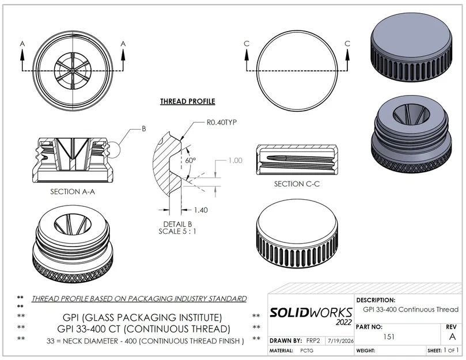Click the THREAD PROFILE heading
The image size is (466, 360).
pyautogui.click(x=188, y=101)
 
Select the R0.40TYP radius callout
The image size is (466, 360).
pyautogui.click(x=222, y=123)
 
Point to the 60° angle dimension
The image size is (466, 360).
pyautogui.click(x=191, y=160)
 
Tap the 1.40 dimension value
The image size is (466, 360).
pyautogui.click(x=201, y=210)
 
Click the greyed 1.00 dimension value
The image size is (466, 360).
pyautogui.click(x=235, y=161)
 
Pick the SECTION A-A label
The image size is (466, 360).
pyautogui.click(x=73, y=192)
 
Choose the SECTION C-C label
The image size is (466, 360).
pyautogui.click(x=297, y=184)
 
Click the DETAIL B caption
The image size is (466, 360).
pyautogui.click(x=177, y=224)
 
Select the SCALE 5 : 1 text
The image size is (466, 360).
pyautogui.click(x=177, y=232)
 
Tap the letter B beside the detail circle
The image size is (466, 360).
pyautogui.click(x=144, y=128)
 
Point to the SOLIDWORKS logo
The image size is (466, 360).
pyautogui.click(x=311, y=316)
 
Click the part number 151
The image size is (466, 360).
pyautogui.click(x=389, y=337)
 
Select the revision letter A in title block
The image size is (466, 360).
pyautogui.click(x=452, y=336)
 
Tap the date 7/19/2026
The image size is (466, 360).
pyautogui.click(x=341, y=341)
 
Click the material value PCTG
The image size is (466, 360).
pyautogui.click(x=306, y=351)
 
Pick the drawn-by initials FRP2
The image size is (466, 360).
pyautogui.click(x=313, y=340)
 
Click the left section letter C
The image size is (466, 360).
pyautogui.click(x=247, y=44)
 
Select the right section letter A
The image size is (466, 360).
pyautogui.click(x=123, y=44)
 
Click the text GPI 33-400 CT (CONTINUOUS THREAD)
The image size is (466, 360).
pyautogui.click(x=144, y=329)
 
